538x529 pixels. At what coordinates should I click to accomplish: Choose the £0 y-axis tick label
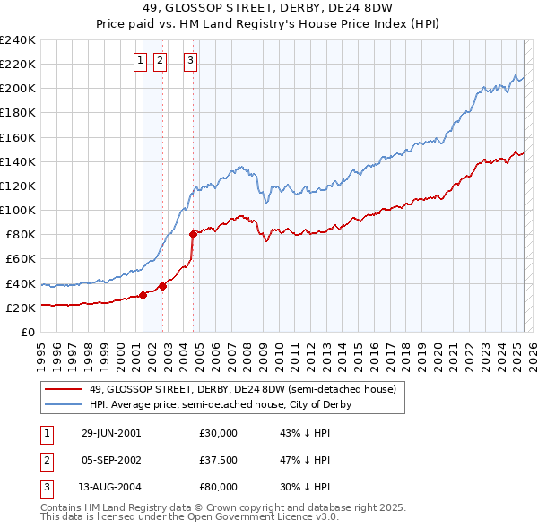point(28,332)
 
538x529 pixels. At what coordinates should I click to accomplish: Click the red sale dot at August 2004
point(193,234)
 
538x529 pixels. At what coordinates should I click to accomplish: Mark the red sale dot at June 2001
point(143,295)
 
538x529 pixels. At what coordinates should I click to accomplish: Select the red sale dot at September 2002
point(162,286)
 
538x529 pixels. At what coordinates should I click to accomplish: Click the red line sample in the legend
point(64,389)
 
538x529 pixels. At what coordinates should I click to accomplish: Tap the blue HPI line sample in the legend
point(64,404)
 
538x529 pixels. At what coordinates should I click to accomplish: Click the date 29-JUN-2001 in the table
point(111,433)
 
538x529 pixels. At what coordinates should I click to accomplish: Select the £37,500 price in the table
point(219,460)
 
